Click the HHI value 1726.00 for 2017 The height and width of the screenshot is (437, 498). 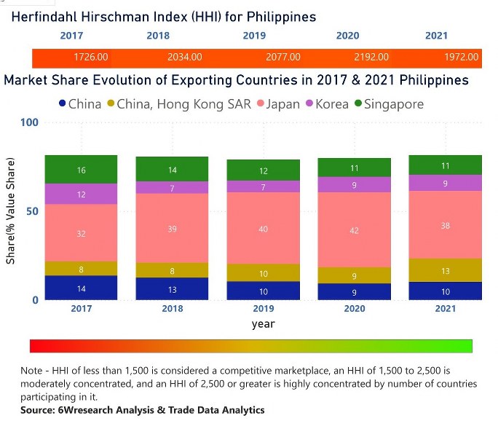click(x=92, y=57)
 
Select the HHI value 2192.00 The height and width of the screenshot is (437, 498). click(x=371, y=57)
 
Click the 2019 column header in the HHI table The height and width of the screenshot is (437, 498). click(x=255, y=36)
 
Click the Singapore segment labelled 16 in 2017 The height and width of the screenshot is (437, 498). click(x=81, y=170)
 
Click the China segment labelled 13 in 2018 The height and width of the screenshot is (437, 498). click(x=173, y=288)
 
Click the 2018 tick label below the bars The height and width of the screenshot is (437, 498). click(x=173, y=308)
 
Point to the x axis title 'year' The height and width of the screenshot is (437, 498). click(x=263, y=323)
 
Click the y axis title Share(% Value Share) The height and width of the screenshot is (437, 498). click(x=11, y=211)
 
